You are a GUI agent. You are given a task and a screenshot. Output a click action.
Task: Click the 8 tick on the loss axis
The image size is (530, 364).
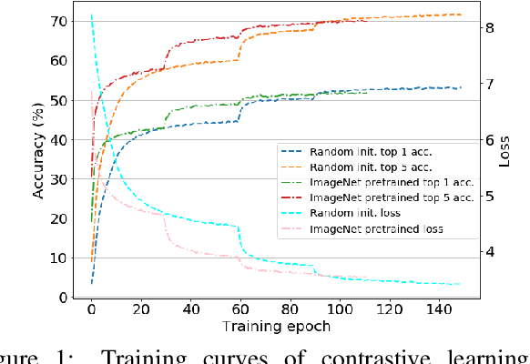click(489, 28)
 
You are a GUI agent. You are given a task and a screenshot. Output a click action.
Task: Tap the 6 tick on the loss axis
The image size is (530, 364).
click(489, 140)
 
